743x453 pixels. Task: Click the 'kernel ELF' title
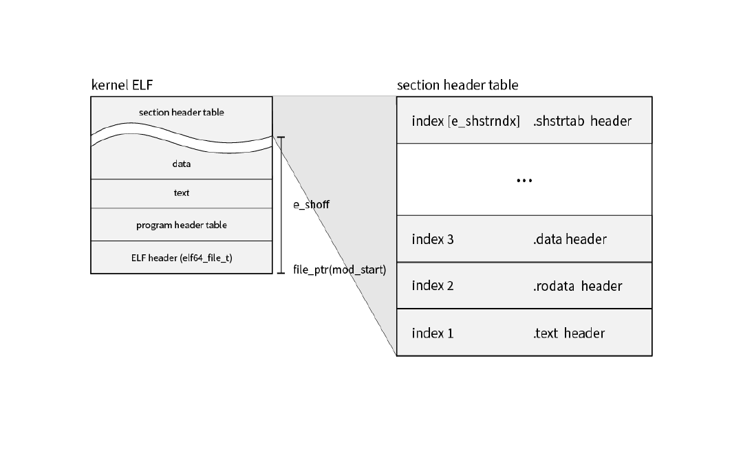pos(122,85)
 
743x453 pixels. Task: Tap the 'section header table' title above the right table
pos(457,85)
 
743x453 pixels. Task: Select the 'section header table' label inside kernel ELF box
pos(182,112)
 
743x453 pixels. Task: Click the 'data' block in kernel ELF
pos(182,164)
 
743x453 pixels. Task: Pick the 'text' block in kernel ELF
pos(182,192)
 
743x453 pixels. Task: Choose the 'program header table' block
pos(182,225)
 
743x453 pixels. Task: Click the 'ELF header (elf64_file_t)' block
pos(182,258)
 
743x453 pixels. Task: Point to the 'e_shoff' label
pos(311,204)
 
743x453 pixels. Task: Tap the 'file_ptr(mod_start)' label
pos(339,270)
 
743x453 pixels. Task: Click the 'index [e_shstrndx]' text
pos(465,121)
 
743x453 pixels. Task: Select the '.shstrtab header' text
pos(582,121)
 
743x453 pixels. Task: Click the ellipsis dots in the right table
pos(524,180)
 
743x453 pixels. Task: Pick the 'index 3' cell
pos(433,239)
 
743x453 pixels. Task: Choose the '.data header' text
pos(570,239)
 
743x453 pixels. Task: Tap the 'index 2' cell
pos(433,285)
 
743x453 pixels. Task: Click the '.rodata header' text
pos(577,286)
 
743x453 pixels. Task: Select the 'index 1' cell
pos(433,333)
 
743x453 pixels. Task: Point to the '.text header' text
pos(569,333)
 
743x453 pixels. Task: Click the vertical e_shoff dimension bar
pos(281,205)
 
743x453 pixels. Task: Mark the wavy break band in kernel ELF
pos(182,137)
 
